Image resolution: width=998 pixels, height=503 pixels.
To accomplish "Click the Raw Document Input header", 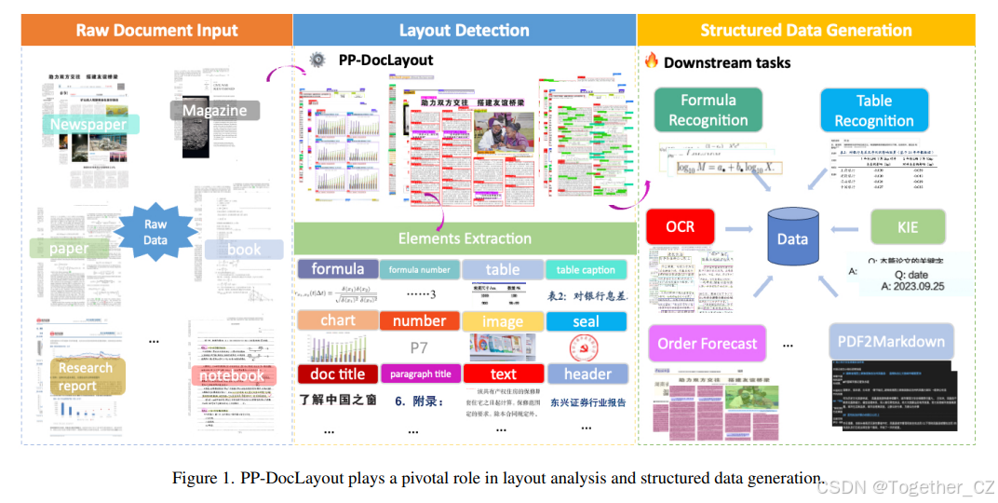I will pyautogui.click(x=156, y=30).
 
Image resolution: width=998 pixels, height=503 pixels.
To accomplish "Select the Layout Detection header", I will pyautogui.click(x=464, y=30).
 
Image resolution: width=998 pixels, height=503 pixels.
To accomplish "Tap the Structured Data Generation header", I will pyautogui.click(x=806, y=30).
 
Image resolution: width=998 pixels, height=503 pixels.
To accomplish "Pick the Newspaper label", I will pyautogui.click(x=88, y=124).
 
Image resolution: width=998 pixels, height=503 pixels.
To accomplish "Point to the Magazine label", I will pyautogui.click(x=214, y=111).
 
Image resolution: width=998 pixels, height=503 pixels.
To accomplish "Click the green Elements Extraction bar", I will pyautogui.click(x=465, y=238).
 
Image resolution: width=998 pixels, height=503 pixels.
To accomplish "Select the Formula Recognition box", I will pyautogui.click(x=708, y=110).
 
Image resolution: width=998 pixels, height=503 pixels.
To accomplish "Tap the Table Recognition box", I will pyautogui.click(x=874, y=110).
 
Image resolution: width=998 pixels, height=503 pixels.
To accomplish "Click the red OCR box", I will pyautogui.click(x=681, y=227).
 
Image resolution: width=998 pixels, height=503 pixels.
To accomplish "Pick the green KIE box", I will pyautogui.click(x=907, y=227).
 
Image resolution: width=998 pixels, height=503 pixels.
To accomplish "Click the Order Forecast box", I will pyautogui.click(x=708, y=344).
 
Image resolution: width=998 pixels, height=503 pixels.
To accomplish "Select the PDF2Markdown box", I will pyautogui.click(x=891, y=342).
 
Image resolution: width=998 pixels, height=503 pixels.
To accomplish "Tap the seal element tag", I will pyautogui.click(x=586, y=321).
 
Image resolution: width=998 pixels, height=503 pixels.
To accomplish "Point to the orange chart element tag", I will pyautogui.click(x=338, y=320).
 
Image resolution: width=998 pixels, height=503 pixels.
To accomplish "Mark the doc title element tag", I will pyautogui.click(x=337, y=374).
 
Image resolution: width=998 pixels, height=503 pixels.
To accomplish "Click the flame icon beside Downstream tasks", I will pyautogui.click(x=652, y=61).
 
